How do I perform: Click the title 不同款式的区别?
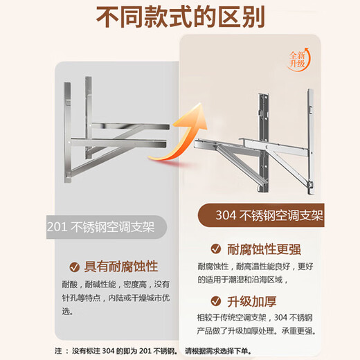[x=179, y=16]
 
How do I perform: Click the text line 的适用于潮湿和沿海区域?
[x=246, y=281]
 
